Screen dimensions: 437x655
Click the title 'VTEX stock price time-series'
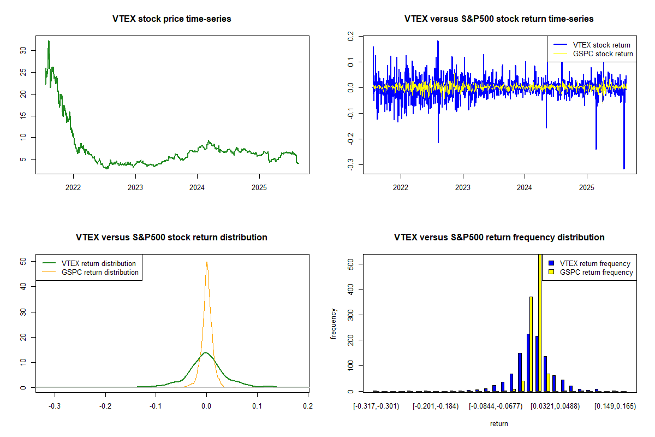pos(172,19)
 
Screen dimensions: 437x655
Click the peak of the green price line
pos(49,41)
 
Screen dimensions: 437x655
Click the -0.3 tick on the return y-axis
pos(350,165)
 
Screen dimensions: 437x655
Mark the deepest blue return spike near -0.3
pos(624,168)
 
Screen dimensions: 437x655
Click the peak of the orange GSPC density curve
pos(207,262)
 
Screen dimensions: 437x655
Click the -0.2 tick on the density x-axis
pos(105,406)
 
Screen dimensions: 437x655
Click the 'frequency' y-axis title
pos(334,323)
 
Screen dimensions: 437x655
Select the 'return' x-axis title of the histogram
pos(499,423)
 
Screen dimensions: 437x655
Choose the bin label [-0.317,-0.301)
pos(377,406)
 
